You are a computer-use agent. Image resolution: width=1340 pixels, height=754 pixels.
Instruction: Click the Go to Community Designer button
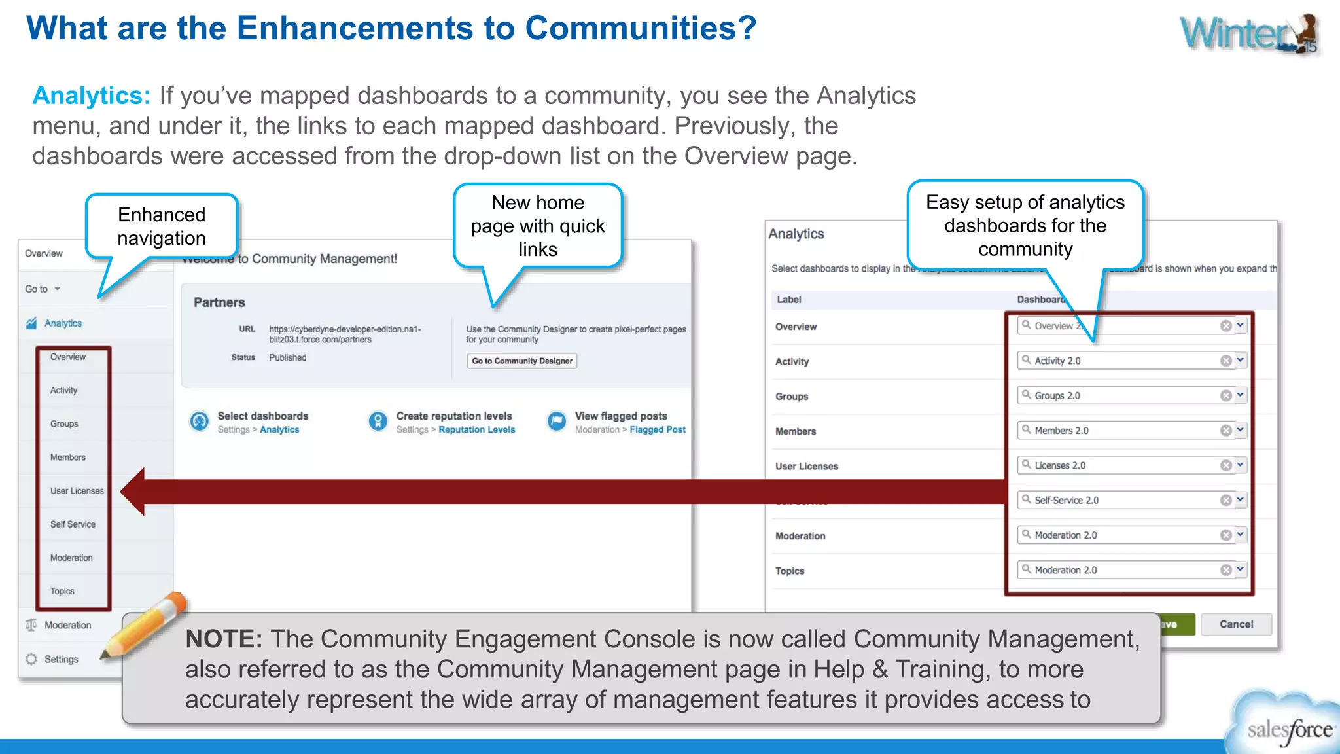pyautogui.click(x=521, y=361)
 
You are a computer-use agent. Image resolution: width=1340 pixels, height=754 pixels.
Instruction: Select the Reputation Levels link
pyautogui.click(x=476, y=430)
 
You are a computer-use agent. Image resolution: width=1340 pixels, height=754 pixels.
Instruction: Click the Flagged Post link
pyautogui.click(x=657, y=430)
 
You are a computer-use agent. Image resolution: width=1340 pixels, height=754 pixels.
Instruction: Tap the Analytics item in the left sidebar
pyautogui.click(x=63, y=323)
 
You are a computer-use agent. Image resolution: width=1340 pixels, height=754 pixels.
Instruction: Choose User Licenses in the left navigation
pyautogui.click(x=77, y=491)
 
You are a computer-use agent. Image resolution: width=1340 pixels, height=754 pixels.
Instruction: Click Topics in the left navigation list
pyautogui.click(x=62, y=591)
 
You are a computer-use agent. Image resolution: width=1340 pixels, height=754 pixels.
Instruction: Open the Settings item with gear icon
pyautogui.click(x=61, y=659)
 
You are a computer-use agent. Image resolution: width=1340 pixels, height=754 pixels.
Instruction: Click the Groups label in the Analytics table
pyautogui.click(x=792, y=397)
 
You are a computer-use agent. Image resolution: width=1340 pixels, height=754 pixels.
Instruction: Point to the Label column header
pyautogui.click(x=788, y=300)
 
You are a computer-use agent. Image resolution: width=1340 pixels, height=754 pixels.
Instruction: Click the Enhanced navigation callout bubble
pyautogui.click(x=162, y=226)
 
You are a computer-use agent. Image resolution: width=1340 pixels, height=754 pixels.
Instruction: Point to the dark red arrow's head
pyautogui.click(x=134, y=492)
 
